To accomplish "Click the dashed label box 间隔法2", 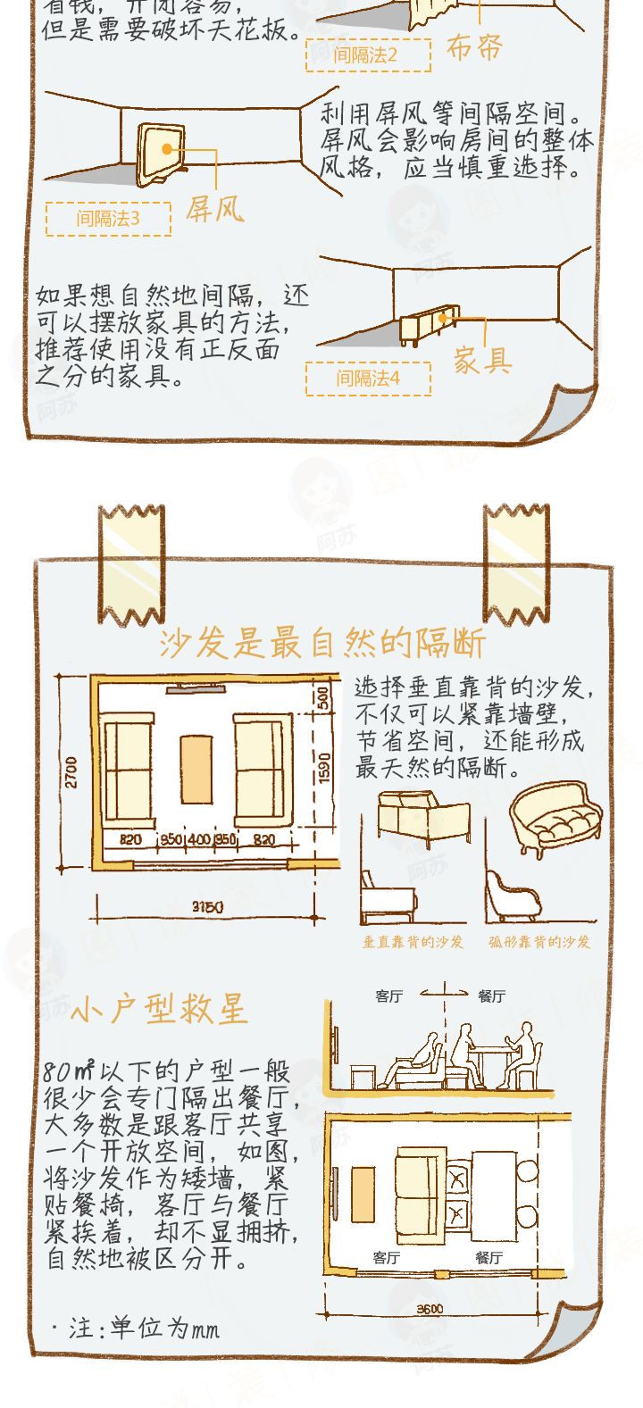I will tap(366, 55).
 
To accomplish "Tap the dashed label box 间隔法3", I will tap(108, 219).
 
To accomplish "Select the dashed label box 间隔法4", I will tap(368, 379).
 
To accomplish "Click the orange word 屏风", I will tap(214, 210).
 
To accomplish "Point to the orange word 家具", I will tap(482, 362).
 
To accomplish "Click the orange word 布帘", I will tap(475, 47).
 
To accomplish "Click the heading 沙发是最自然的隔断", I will tap(322, 643).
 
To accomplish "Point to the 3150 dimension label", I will tap(208, 907).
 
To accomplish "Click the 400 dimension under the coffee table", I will tap(198, 840).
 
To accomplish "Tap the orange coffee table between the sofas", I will tap(196, 770).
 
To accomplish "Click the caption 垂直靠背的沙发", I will tap(413, 942).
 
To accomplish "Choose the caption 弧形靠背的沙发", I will tap(539, 942).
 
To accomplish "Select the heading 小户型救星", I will tap(158, 1010).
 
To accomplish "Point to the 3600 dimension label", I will tap(430, 1309).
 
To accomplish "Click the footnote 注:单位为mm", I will tap(136, 1329).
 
